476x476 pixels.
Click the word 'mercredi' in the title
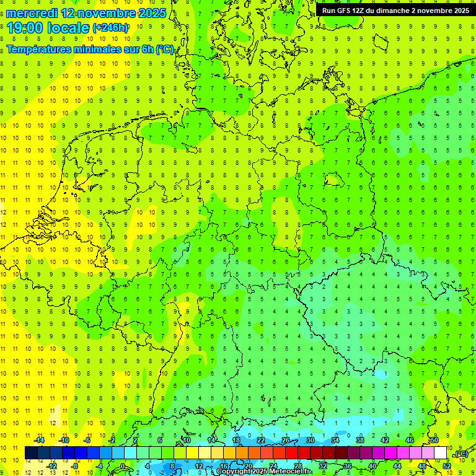tap(31, 13)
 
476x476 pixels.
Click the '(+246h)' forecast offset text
tap(111, 28)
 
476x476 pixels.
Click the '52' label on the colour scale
tap(447, 466)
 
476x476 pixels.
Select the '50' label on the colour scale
tap(435, 440)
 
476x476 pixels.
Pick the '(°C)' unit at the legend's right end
tap(461, 454)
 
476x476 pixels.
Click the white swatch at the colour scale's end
tap(441, 453)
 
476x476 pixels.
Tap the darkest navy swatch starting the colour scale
tap(31, 453)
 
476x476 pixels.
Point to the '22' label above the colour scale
tap(261, 440)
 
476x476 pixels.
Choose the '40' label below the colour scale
tap(372, 466)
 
